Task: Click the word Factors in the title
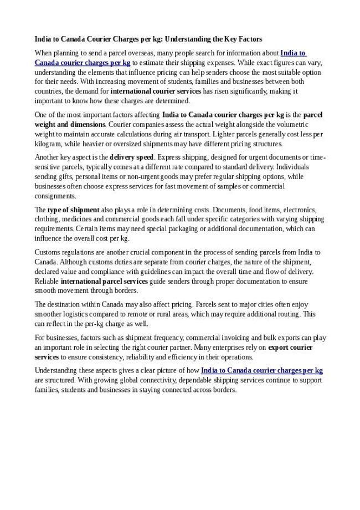pyautogui.click(x=249, y=39)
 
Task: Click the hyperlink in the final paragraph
pyautogui.click(x=261, y=370)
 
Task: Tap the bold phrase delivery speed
pyautogui.click(x=132, y=157)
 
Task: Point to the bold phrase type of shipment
pyautogui.click(x=74, y=210)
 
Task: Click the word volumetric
pyautogui.click(x=304, y=125)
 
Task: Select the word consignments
pyautogui.click(x=55, y=196)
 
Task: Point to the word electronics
pyautogui.click(x=299, y=210)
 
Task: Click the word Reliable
pyautogui.click(x=47, y=281)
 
